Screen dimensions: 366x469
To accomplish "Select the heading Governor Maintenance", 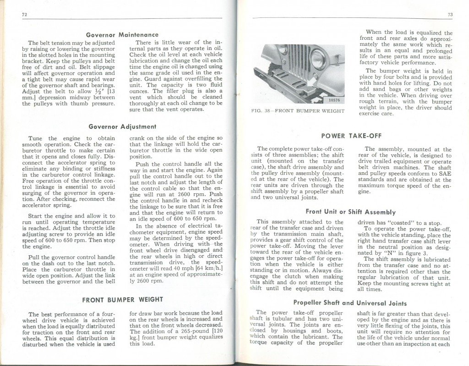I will pyautogui.click(x=122, y=35).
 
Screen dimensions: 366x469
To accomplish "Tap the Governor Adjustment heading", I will pyautogui.click(x=122, y=126).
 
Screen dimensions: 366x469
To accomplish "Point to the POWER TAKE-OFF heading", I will pyautogui.click(x=351, y=136).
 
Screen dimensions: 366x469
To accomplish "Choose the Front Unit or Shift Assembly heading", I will pyautogui.click(x=350, y=212).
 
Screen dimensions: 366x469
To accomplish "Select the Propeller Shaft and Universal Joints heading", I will pyautogui.click(x=349, y=303).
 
